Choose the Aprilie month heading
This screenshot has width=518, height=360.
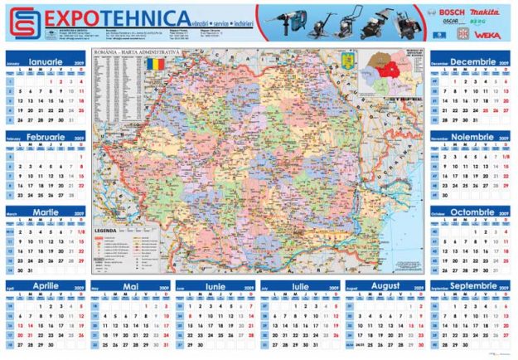tap(47, 286)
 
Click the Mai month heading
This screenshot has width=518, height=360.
tap(131, 286)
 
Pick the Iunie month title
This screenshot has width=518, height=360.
tap(215, 286)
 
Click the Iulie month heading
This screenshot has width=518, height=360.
tap(300, 286)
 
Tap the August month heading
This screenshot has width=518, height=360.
tap(385, 286)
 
